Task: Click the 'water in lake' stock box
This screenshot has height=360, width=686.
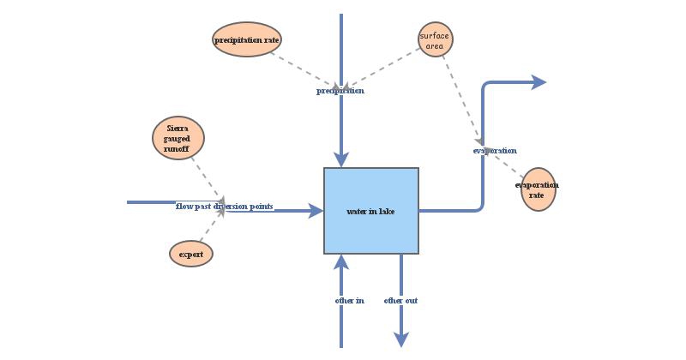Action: [x=370, y=211]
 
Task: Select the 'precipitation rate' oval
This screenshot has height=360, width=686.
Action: [x=247, y=39]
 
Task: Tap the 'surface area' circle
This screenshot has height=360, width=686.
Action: [x=436, y=39]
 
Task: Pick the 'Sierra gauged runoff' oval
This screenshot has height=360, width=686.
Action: [x=178, y=138]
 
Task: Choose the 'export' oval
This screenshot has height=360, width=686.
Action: [x=191, y=254]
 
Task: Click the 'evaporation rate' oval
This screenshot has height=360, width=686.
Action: [x=538, y=189]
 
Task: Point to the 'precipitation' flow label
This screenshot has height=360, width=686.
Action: [x=340, y=91]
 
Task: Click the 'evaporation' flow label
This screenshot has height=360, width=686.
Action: [x=495, y=151]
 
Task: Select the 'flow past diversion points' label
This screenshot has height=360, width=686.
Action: [x=225, y=207]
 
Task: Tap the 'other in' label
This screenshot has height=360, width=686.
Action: [x=349, y=301]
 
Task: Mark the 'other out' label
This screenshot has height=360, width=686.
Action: [x=400, y=301]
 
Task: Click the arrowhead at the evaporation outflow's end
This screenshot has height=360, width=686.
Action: [x=539, y=82]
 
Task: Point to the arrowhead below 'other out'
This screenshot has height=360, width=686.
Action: [x=400, y=339]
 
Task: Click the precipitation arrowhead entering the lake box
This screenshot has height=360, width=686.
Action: [x=341, y=160]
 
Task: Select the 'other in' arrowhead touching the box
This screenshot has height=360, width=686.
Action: [x=341, y=261]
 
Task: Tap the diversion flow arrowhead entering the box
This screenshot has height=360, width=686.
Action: [x=316, y=211]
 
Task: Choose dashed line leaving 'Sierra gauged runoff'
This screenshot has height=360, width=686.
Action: [x=206, y=178]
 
